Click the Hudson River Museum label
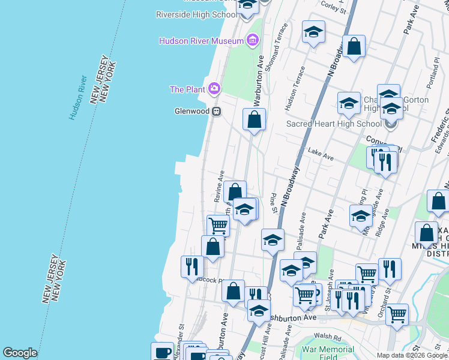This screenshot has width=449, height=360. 201,41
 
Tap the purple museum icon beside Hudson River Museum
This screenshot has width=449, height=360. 253,41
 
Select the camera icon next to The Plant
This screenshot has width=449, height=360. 214,89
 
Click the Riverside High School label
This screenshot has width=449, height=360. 196,14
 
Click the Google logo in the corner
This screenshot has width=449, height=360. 20,353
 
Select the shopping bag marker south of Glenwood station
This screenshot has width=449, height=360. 255,119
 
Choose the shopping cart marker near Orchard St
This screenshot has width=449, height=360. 397,314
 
